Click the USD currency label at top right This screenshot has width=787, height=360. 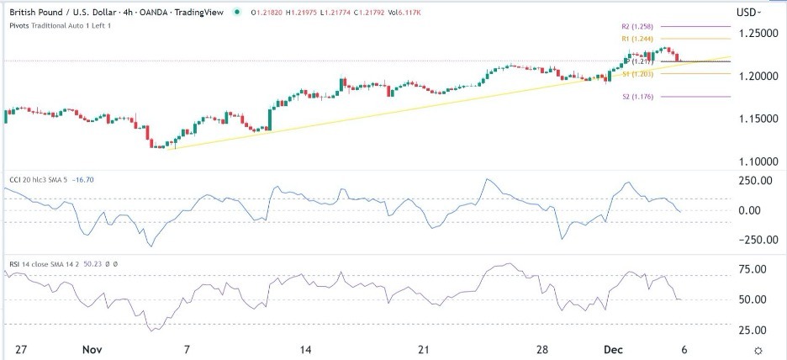pos(747,13)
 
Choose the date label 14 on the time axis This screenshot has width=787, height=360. pos(306,349)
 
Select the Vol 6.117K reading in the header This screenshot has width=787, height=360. pos(423,13)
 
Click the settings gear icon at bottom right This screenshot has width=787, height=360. pos(758,349)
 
